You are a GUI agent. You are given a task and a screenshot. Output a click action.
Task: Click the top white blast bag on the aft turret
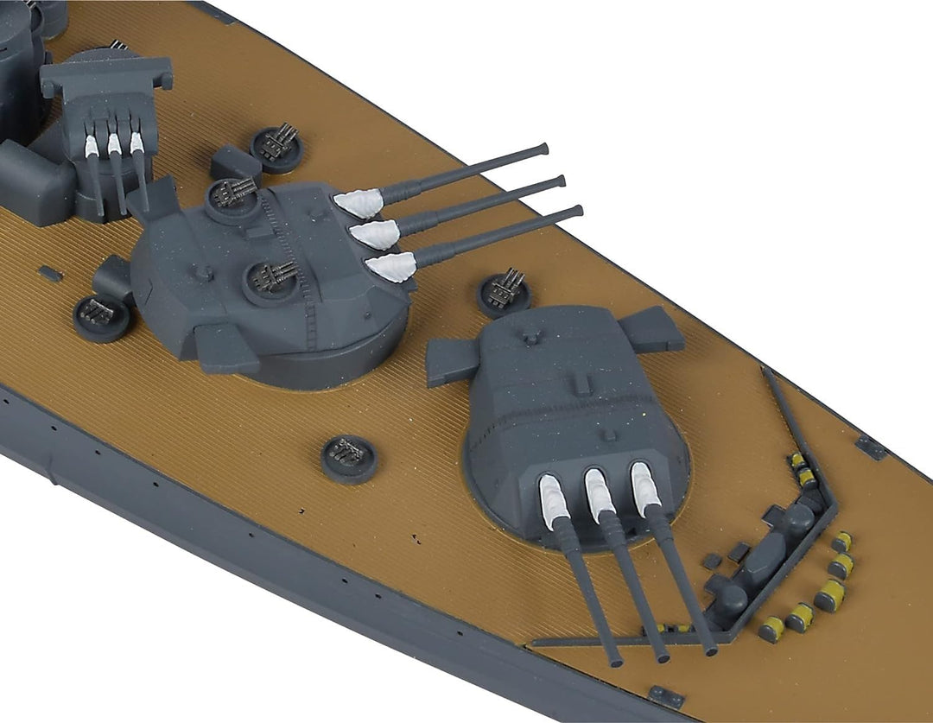pyautogui.click(x=357, y=204)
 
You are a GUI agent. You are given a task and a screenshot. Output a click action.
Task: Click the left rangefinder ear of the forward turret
pyautogui.click(x=452, y=358)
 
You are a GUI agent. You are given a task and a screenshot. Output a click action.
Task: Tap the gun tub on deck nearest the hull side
pyautogui.click(x=349, y=457)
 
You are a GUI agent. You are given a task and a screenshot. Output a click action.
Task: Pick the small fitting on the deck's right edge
pyautogui.click(x=871, y=446)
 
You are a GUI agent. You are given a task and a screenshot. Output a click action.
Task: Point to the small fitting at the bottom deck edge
pyautogui.click(x=667, y=696)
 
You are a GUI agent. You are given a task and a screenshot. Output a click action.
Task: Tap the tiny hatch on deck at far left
pyautogui.click(x=51, y=274)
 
